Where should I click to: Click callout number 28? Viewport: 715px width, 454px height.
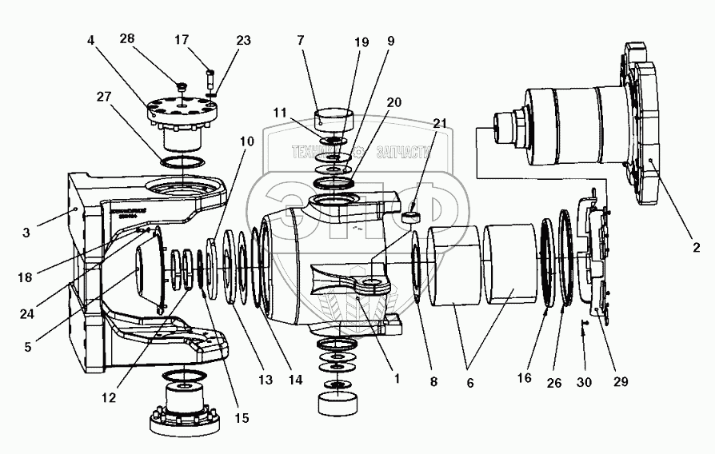[x=128, y=38]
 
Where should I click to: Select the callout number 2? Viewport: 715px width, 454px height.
[x=696, y=248]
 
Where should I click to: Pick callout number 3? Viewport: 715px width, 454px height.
[x=26, y=233]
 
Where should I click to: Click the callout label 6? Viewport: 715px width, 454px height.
[x=470, y=382]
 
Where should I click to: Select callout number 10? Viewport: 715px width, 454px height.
[x=247, y=141]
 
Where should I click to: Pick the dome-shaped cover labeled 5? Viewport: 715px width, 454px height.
[x=153, y=271]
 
